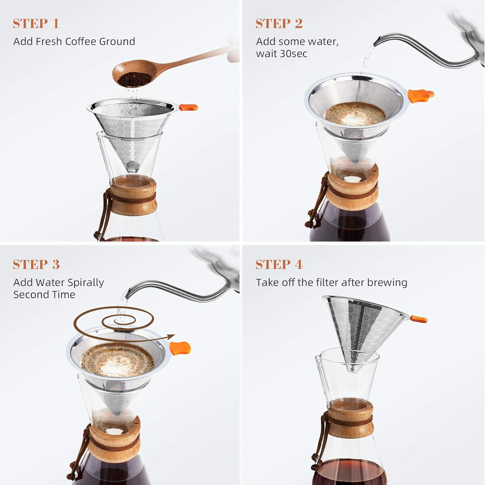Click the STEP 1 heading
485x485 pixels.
point(36,24)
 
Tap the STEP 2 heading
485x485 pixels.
point(279,24)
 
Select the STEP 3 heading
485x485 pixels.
point(36,264)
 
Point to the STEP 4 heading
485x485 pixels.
point(279,264)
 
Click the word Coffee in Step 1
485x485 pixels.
point(81,41)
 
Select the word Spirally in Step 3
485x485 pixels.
point(86,283)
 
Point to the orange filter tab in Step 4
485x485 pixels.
point(419,319)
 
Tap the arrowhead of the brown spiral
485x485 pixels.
point(171,336)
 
